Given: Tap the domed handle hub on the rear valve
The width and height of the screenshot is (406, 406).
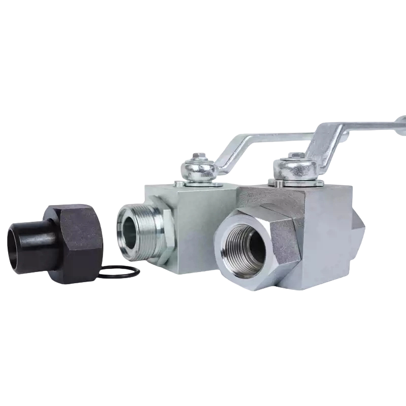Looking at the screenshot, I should [198, 169].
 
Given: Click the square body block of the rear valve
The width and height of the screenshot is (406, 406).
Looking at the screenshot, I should [198, 228].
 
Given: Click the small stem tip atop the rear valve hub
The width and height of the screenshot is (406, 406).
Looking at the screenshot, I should [198, 156].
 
